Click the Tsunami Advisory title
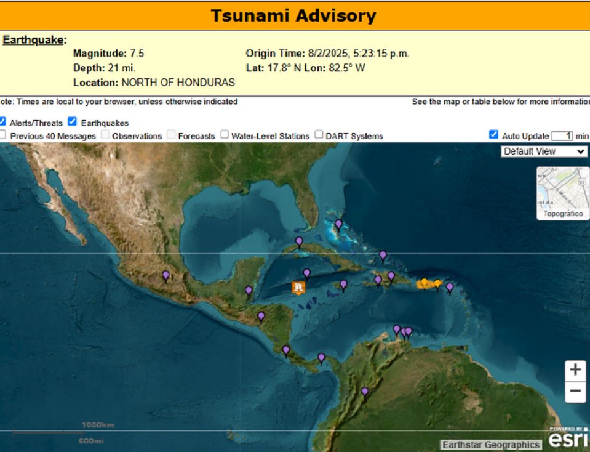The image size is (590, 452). pos(293,15)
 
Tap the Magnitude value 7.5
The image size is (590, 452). pos(137,54)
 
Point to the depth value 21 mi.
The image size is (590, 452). pos(121,68)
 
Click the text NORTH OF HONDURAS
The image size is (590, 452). pos(178,82)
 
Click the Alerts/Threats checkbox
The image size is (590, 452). pos(2,122)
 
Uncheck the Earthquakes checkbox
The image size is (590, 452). pos(73,122)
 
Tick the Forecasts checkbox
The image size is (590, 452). pos(170,135)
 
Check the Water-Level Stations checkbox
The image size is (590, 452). pos(225,135)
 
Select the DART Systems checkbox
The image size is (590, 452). pos(319,135)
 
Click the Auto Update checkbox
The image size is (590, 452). pos(493,135)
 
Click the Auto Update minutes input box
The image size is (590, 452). pos(562,135)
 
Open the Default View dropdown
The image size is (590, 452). pos(544,151)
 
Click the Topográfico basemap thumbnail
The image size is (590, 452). pos(562,193)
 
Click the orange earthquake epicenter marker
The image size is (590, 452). pos(298,288)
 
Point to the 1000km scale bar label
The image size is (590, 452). pos(98,425)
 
